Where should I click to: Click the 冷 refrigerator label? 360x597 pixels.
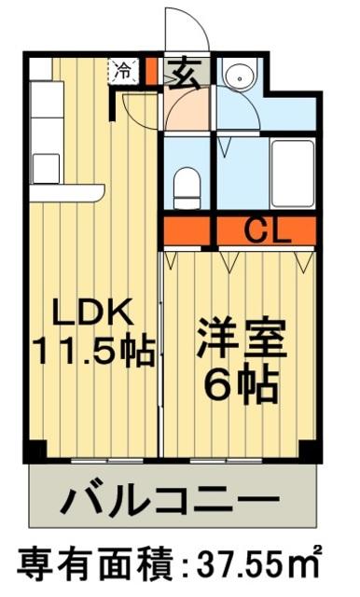click(123, 69)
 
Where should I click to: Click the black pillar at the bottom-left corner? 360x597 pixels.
click(34, 451)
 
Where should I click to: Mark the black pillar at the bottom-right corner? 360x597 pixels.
click(312, 451)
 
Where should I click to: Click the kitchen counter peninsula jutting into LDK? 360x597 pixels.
click(65, 193)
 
